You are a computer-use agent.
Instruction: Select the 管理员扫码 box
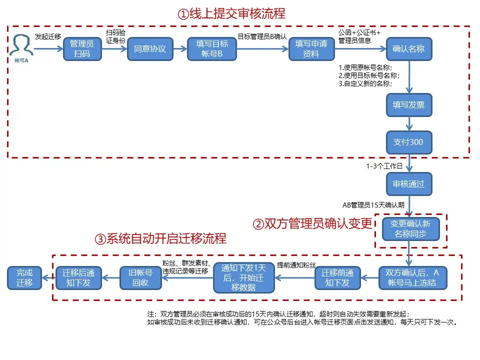(x=82, y=49)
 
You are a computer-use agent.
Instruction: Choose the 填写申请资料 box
(x=311, y=49)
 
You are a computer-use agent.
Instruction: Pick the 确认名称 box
(x=408, y=49)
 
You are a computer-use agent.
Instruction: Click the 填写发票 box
(x=408, y=105)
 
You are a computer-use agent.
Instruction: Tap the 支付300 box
(x=408, y=142)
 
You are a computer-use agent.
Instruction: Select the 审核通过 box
(x=408, y=184)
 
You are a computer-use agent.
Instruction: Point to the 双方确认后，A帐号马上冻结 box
(x=412, y=278)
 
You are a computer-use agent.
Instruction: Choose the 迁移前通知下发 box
(x=337, y=278)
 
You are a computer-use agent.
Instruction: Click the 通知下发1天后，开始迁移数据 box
(x=244, y=278)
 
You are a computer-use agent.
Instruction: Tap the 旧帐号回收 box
(x=141, y=278)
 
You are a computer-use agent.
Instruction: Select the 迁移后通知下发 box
(x=78, y=278)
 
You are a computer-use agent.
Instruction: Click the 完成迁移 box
(x=24, y=278)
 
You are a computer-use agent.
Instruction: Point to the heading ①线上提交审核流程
(x=231, y=13)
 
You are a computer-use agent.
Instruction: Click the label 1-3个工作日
(x=384, y=166)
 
